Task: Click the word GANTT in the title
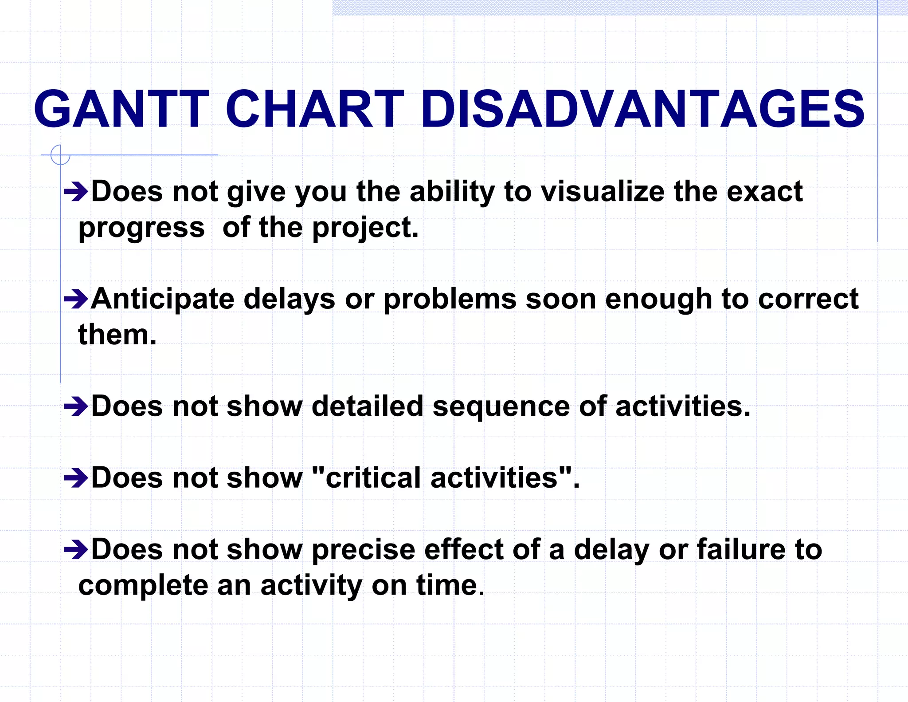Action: (121, 109)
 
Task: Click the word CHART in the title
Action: (314, 109)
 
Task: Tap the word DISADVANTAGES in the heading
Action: (642, 109)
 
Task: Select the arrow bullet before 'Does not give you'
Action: (76, 192)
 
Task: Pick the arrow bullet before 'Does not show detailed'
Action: (76, 406)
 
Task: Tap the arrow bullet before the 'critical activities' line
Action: (76, 478)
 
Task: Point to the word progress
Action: (141, 229)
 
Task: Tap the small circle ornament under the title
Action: (60, 155)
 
